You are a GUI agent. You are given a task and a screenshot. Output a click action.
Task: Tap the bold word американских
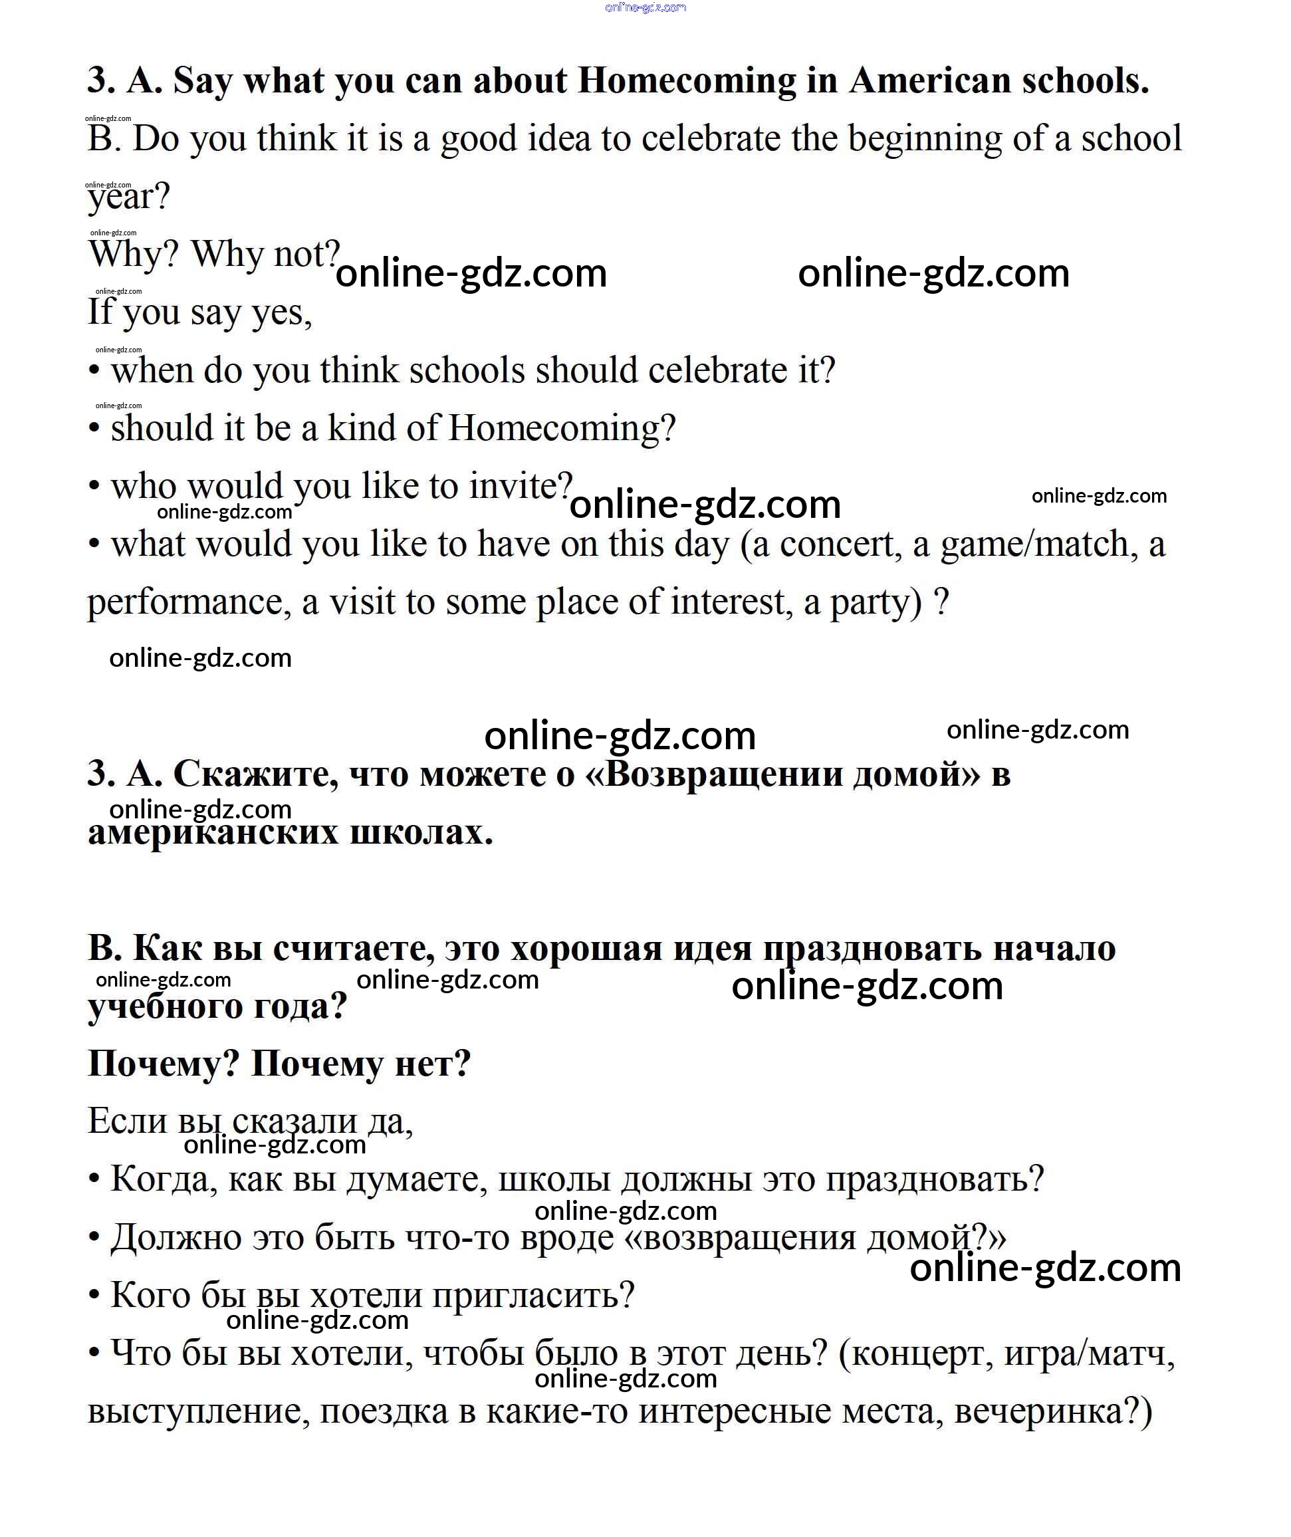[213, 833]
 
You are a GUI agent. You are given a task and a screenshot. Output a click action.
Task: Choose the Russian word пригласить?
[532, 1296]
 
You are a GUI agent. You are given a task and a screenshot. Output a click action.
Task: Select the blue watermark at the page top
[645, 8]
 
